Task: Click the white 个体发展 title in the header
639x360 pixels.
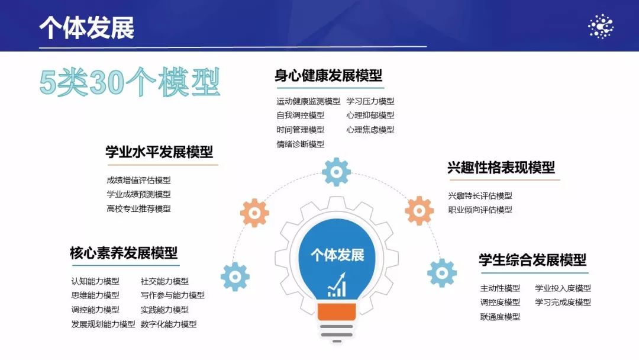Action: pos(87,28)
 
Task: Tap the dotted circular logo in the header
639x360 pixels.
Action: pos(601,27)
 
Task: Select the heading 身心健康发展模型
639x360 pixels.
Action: pos(328,75)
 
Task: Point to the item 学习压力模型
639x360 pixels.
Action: pos(370,101)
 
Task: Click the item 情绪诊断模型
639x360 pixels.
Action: pos(301,144)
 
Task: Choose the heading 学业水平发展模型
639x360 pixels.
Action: pos(159,152)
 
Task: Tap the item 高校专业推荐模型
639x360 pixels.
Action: pos(138,209)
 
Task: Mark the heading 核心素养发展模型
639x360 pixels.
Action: pos(124,253)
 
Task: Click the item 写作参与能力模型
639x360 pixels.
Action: pos(173,295)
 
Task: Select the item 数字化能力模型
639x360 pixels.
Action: pos(169,324)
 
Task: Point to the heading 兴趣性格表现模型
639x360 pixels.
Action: pos(501,167)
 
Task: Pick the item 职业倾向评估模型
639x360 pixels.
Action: pos(480,210)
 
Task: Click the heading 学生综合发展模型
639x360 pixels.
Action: pos(532,260)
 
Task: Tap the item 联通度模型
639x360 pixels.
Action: pos(500,317)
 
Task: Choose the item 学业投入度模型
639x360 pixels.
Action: pos(563,288)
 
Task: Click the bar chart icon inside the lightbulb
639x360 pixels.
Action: pos(337,285)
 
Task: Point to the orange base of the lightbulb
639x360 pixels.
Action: pos(337,311)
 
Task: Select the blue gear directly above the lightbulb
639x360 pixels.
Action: pos(336,172)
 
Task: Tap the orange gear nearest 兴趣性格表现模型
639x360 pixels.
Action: pos(419,211)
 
